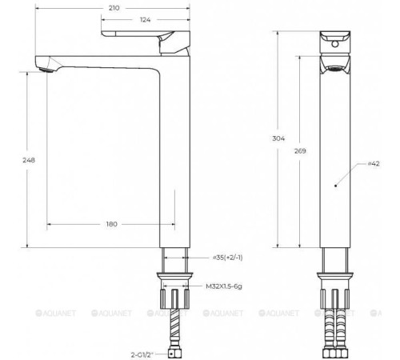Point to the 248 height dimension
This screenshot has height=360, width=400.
[30, 159]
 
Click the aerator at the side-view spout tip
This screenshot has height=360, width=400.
[47, 70]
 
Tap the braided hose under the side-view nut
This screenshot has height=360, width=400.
[174, 328]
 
